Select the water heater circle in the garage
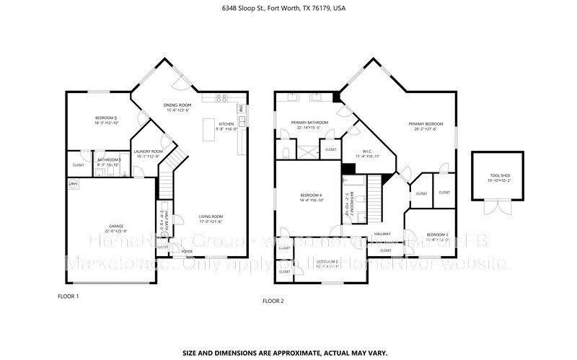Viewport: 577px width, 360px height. coord(72,185)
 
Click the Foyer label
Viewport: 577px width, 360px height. coord(187,251)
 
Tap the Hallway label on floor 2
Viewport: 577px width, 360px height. coord(382,234)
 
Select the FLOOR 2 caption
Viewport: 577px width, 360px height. coord(273,301)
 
